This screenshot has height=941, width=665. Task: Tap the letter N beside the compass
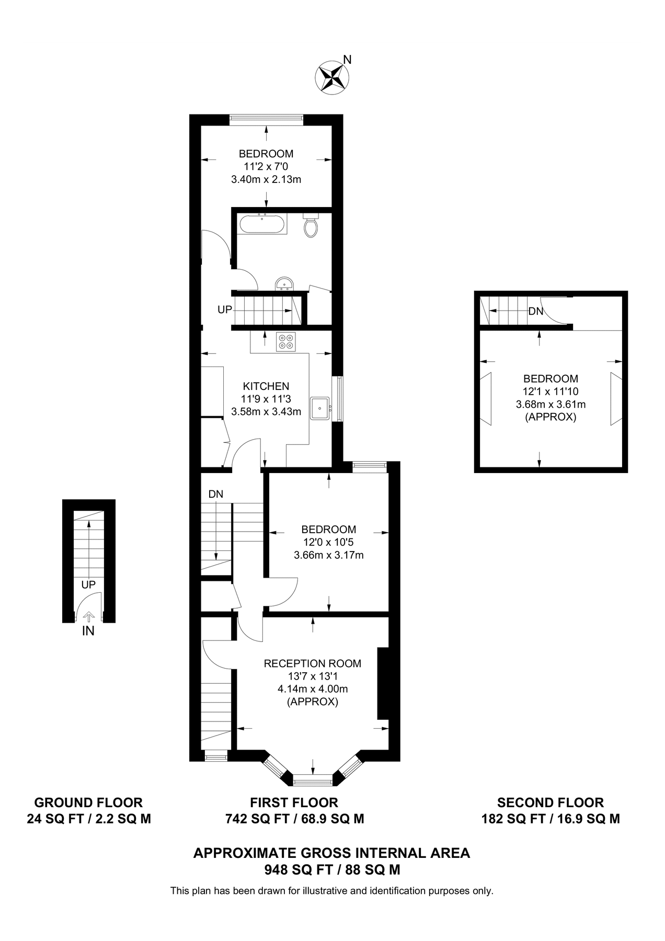coord(348,60)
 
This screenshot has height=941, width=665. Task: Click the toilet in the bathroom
coord(311,226)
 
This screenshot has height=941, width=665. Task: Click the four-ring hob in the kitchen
coord(286,341)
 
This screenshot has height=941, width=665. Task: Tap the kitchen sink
coord(319,408)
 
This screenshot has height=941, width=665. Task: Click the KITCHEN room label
coord(266,386)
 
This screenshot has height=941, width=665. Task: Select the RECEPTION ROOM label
coord(312,663)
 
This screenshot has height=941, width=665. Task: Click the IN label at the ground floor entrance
coord(88,631)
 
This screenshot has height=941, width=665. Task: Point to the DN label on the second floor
coord(535,312)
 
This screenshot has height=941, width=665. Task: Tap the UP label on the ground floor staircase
coord(88,584)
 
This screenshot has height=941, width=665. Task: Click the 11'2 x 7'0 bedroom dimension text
coord(266,167)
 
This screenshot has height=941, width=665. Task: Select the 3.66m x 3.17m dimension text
coord(328,555)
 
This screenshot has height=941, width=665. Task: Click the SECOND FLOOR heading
coord(550,802)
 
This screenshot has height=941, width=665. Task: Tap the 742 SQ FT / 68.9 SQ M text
coord(294,819)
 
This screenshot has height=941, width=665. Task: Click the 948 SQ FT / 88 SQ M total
coord(332,870)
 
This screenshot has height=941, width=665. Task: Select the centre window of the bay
coord(313,782)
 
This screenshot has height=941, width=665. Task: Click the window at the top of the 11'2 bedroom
coord(266,120)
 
